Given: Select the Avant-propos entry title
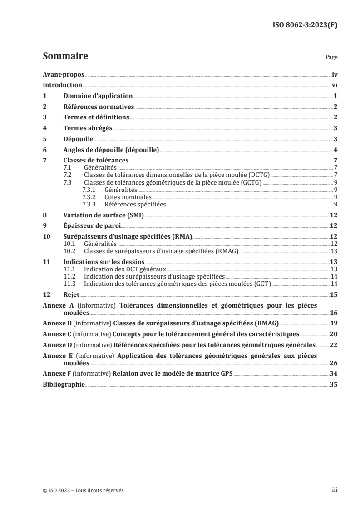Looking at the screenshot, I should (x=64, y=74).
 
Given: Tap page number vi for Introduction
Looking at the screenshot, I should (x=334, y=85).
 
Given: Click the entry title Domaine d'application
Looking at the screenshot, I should (x=98, y=96).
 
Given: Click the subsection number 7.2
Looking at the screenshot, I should (x=67, y=174).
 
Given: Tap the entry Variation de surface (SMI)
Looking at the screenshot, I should (x=104, y=215).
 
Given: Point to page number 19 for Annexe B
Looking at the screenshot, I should (x=333, y=323).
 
